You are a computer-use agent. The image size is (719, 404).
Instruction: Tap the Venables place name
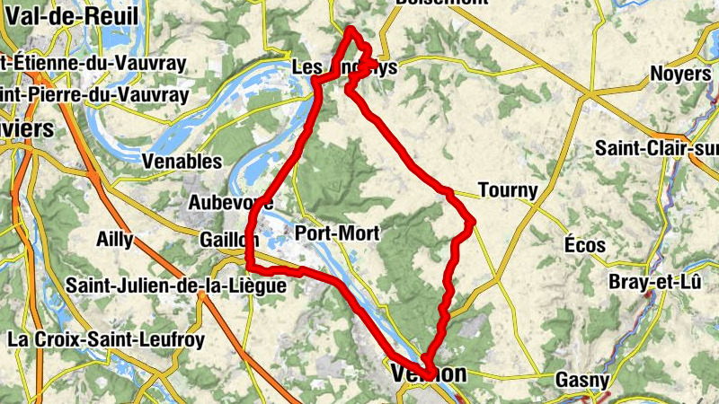[182, 162]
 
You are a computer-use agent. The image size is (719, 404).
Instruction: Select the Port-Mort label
[337, 233]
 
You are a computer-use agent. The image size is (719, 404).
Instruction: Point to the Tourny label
[508, 190]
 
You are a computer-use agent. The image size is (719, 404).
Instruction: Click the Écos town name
[585, 245]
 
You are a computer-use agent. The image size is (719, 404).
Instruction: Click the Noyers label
[680, 74]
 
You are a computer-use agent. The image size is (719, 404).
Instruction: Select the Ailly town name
[114, 240]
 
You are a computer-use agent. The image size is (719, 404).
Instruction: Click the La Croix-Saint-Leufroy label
[106, 339]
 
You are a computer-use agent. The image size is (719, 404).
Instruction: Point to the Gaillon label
[229, 240]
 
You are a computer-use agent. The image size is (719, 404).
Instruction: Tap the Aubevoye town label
[230, 203]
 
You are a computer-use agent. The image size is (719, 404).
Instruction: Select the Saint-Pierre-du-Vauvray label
[94, 93]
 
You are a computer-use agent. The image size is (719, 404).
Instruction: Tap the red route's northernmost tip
[351, 30]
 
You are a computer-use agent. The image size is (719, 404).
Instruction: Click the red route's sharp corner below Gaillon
[248, 266]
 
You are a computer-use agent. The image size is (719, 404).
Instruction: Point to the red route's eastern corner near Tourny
[472, 220]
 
